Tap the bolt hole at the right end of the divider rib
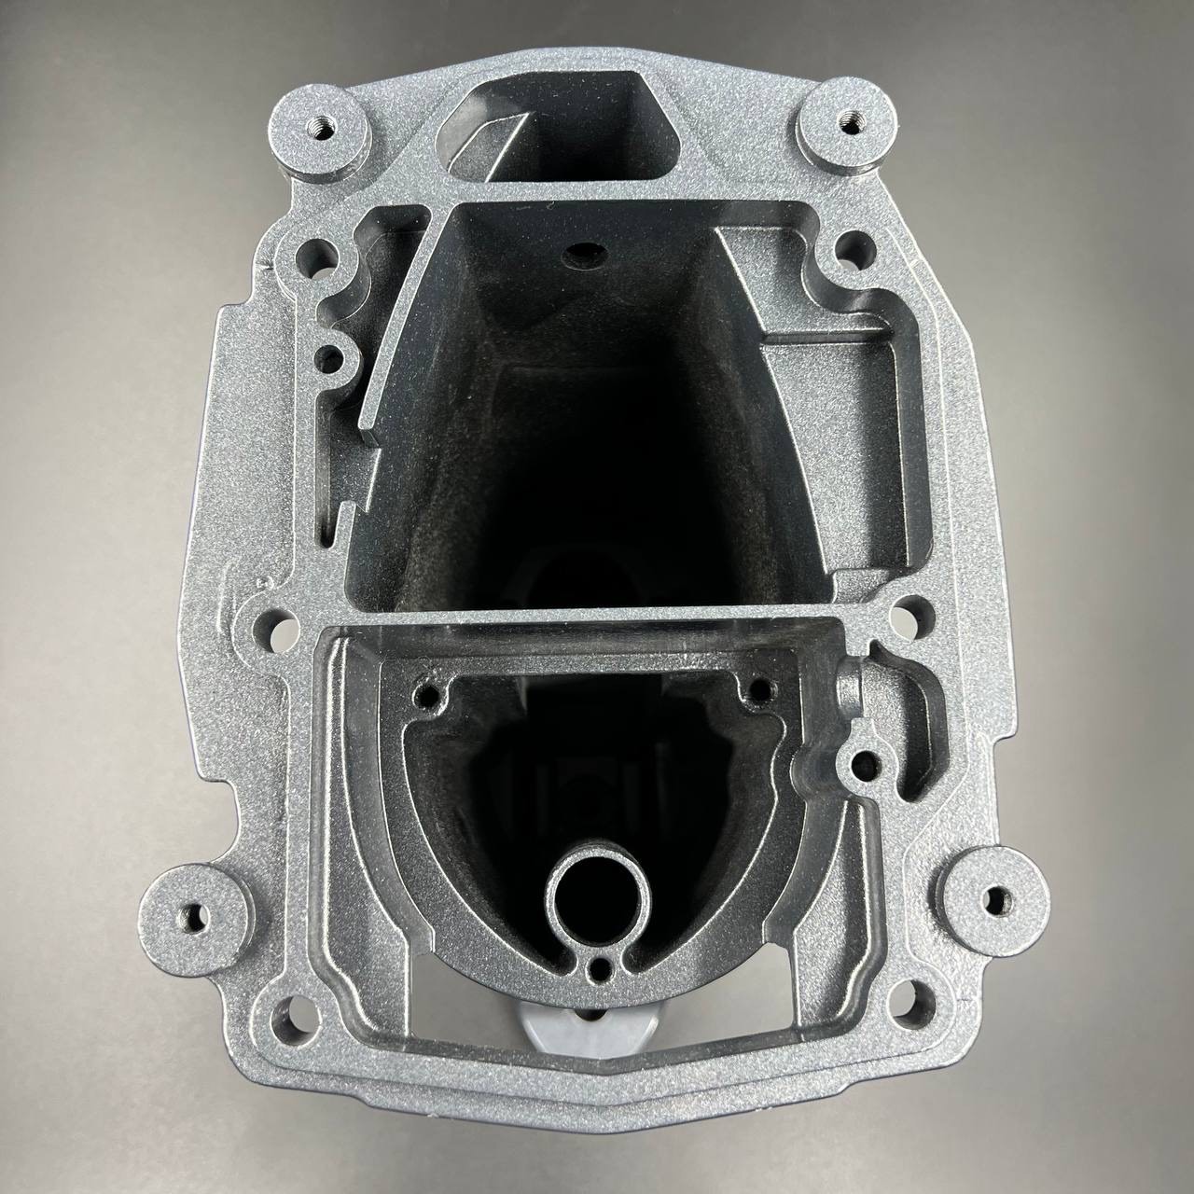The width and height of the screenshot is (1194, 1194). tap(905, 616)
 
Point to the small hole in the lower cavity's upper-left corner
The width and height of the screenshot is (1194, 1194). tap(430, 695)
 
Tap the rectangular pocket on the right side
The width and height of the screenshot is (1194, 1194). tap(821, 373)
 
